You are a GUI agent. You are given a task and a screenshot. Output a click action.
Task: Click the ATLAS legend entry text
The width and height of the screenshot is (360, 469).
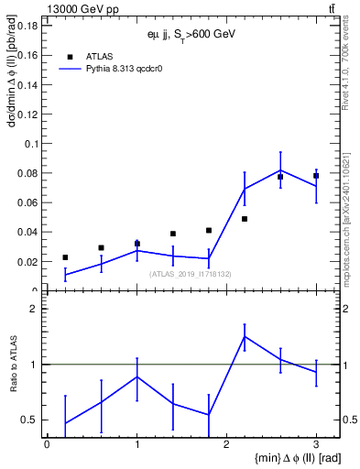click(100, 56)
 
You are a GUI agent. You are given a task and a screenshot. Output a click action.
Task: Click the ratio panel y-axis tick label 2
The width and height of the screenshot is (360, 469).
click(33, 310)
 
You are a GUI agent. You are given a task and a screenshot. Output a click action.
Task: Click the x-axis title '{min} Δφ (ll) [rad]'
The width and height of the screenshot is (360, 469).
click(287, 458)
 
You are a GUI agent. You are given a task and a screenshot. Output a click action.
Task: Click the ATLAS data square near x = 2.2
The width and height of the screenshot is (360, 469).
click(245, 219)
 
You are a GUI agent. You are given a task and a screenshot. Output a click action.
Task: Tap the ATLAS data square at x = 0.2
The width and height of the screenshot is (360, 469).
click(65, 257)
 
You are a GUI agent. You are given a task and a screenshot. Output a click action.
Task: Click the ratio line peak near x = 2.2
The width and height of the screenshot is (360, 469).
click(245, 336)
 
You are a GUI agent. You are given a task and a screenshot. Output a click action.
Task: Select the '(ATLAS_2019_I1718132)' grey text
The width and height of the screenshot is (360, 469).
click(191, 273)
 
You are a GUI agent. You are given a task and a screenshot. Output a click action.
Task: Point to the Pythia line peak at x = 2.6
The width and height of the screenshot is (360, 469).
click(280, 169)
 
